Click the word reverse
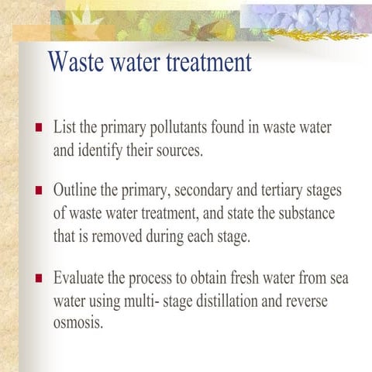tap(307, 300)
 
